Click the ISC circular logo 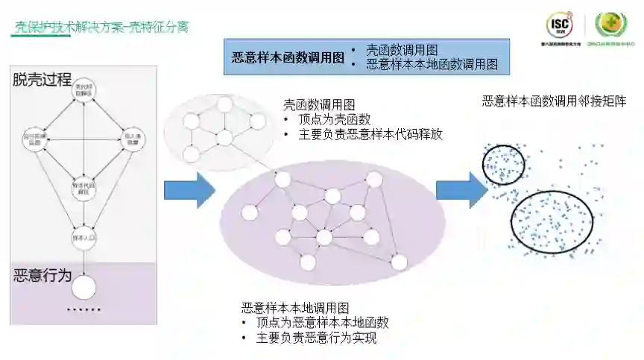pyautogui.click(x=560, y=25)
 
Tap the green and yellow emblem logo pyautogui.click(x=611, y=25)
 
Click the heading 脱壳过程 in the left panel pyautogui.click(x=42, y=79)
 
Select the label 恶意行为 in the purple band pyautogui.click(x=42, y=275)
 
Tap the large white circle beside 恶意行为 pyautogui.click(x=83, y=287)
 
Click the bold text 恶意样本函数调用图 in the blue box pyautogui.click(x=288, y=57)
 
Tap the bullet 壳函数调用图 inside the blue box pyautogui.click(x=401, y=51)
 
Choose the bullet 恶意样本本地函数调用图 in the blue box pyautogui.click(x=432, y=65)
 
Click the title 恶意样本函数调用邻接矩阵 pyautogui.click(x=554, y=101)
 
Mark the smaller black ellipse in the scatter pyautogui.click(x=503, y=163)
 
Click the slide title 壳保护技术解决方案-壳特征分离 pyautogui.click(x=102, y=28)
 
